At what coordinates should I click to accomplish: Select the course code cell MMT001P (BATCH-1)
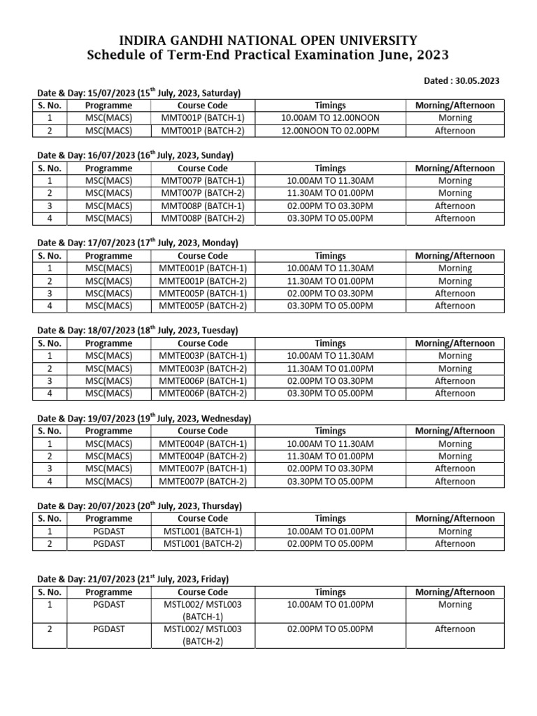[x=203, y=118]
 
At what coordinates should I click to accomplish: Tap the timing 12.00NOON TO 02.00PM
[x=330, y=131]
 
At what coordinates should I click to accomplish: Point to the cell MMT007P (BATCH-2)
[x=203, y=193]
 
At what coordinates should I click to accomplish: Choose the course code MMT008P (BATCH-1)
[x=203, y=206]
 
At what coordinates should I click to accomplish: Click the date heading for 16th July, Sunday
[x=135, y=155]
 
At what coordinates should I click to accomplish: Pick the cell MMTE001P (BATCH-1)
[x=203, y=268]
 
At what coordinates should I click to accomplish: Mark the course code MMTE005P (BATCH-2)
[x=203, y=306]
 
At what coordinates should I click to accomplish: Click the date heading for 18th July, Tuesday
[x=138, y=330]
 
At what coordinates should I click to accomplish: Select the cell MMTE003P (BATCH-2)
[x=203, y=368]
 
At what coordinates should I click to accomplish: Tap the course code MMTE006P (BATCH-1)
[x=203, y=381]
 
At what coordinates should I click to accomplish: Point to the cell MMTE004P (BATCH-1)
[x=203, y=444]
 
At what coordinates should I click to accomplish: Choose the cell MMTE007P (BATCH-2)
[x=203, y=481]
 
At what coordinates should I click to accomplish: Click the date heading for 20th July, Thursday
[x=139, y=506]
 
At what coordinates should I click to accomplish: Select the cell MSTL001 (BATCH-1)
[x=203, y=531]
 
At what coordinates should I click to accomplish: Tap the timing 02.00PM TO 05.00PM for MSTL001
[x=330, y=543]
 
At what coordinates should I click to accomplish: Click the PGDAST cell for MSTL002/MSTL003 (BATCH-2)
[x=108, y=629]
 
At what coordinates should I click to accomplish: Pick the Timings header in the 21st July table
[x=330, y=592]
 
